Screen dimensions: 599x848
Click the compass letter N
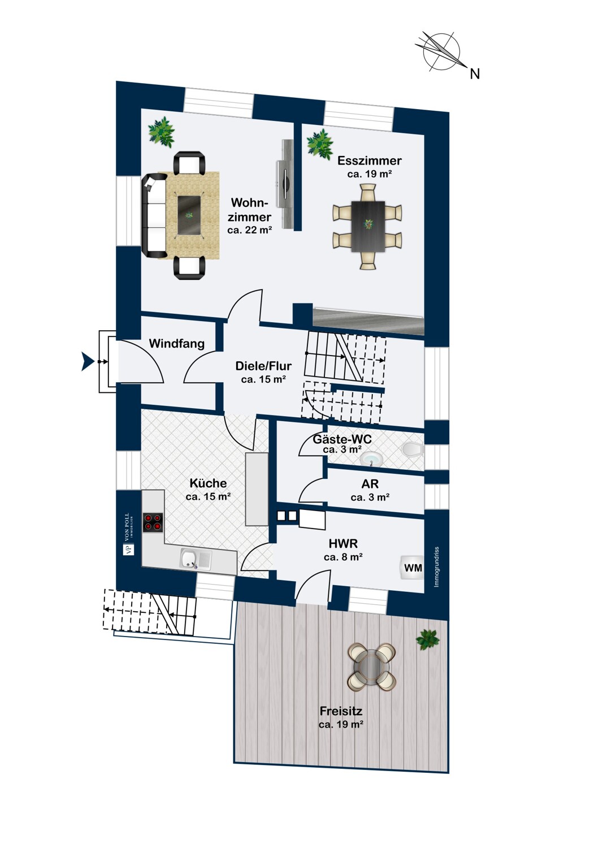coord(475,74)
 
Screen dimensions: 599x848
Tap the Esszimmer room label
coord(369,161)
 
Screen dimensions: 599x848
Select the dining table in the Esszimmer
coord(368,226)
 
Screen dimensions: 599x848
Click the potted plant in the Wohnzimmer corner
coord(162,132)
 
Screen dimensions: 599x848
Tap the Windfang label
coord(177,344)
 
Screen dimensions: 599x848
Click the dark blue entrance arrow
coord(88,362)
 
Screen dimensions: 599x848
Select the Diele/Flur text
coord(263,366)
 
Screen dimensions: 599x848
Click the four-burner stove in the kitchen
coord(153,522)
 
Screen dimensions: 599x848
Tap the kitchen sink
coord(196,559)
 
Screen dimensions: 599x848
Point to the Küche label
coord(208,483)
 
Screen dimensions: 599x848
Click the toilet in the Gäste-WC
coord(413,450)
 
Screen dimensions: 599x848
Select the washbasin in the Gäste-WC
coord(372,459)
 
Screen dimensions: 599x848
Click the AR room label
coord(370,484)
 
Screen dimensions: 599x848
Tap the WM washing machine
coord(412,568)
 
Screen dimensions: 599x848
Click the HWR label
coord(343,544)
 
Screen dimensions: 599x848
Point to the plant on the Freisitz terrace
coord(428,640)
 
